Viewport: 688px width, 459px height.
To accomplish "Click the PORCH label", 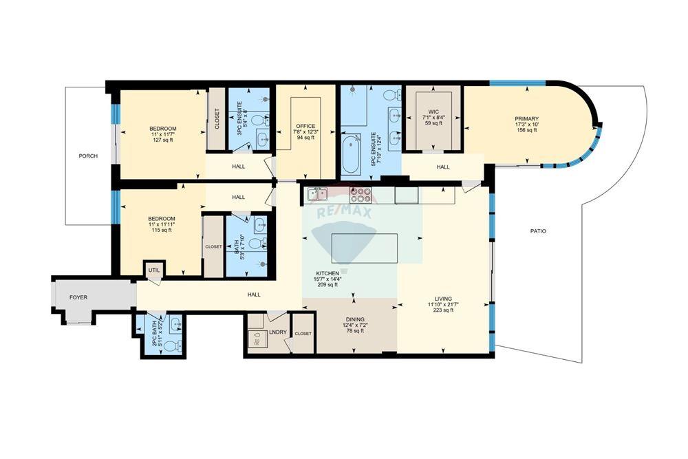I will (x=88, y=156).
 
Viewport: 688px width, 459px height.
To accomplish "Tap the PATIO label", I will (x=538, y=231).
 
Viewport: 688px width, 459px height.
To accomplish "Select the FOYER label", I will (x=78, y=297).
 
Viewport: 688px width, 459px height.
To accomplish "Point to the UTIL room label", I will (x=154, y=270).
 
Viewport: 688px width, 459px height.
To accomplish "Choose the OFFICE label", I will (x=305, y=126).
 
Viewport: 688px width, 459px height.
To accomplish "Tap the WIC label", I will (x=433, y=111).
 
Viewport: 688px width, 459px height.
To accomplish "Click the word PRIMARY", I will (x=526, y=118).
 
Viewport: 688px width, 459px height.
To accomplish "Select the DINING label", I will (x=355, y=319).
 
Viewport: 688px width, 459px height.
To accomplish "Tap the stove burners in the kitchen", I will (x=361, y=194).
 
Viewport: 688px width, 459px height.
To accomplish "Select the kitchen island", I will (x=364, y=248).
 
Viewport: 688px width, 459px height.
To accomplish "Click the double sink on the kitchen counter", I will (x=318, y=194).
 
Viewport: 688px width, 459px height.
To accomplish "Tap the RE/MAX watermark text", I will (x=343, y=213).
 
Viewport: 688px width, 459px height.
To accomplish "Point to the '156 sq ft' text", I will (x=526, y=130).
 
